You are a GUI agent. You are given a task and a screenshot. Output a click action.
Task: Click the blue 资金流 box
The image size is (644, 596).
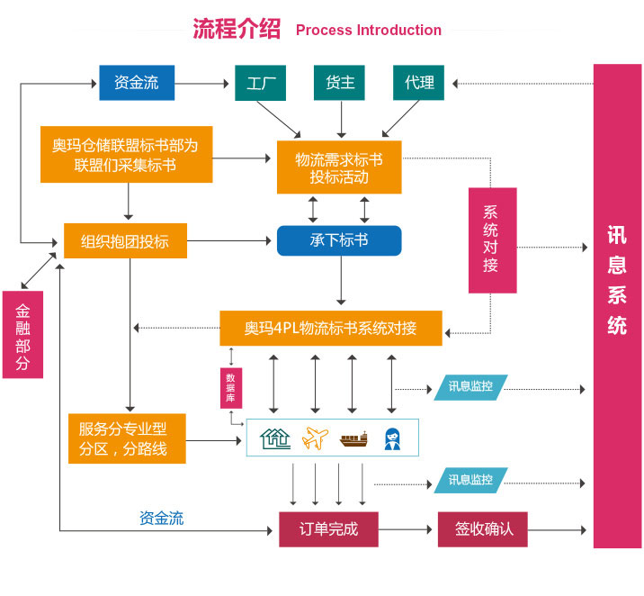(136, 83)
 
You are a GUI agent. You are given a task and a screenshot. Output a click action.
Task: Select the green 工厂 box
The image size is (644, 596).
(261, 83)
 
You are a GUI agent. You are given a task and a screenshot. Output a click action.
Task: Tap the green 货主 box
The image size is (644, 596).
(340, 83)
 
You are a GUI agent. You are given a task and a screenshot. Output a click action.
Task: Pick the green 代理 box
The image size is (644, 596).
(419, 83)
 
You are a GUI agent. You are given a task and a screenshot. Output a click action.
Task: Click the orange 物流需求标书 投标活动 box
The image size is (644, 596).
(339, 167)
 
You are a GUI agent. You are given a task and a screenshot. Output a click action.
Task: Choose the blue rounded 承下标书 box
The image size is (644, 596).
(339, 241)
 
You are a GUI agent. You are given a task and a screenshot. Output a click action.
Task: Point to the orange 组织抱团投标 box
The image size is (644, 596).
(125, 241)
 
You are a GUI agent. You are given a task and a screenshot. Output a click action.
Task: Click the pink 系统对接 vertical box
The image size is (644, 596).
(491, 239)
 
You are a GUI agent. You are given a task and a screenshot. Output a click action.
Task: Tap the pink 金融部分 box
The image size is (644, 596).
(22, 334)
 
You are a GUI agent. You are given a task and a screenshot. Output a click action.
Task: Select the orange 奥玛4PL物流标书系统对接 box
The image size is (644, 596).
(331, 328)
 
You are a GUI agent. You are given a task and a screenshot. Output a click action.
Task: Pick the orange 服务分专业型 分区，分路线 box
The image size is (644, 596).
(127, 438)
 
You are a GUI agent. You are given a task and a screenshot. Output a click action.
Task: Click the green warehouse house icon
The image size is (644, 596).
(275, 438)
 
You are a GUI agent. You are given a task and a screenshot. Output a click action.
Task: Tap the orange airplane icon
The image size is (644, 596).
(317, 438)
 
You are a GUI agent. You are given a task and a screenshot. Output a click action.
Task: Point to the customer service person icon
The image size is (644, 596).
(392, 438)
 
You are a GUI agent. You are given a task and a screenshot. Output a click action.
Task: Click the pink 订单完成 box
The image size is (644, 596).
(327, 529)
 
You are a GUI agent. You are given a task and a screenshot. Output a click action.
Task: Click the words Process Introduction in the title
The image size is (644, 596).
(368, 31)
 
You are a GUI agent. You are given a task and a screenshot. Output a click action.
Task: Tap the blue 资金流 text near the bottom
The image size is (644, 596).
(162, 519)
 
